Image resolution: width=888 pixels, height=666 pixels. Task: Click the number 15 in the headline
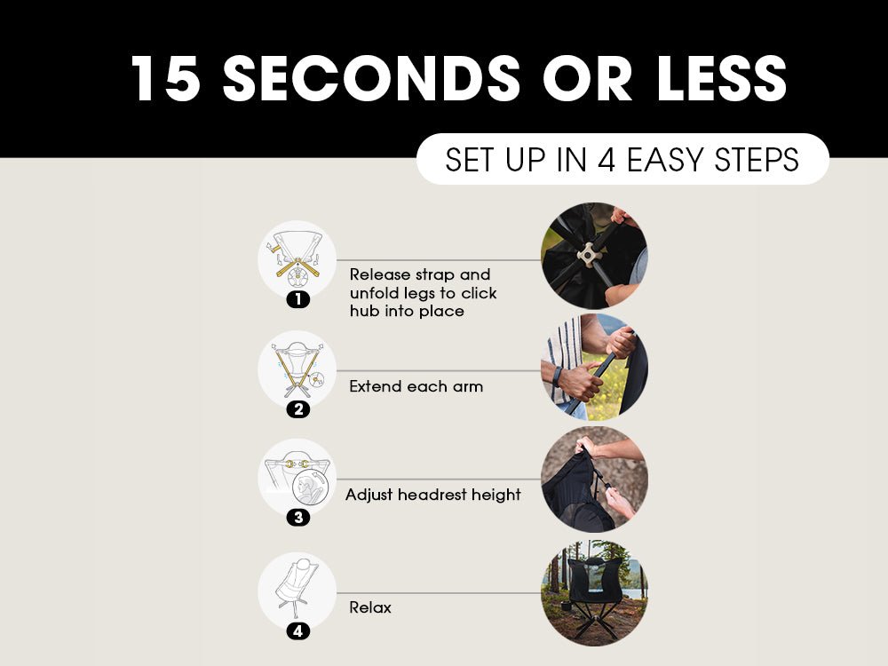pos(166,78)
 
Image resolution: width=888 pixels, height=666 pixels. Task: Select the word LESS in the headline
pos(721,78)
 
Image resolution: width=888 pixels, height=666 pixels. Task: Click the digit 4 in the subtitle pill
pos(606,159)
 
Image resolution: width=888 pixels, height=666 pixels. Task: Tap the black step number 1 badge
pos(297,299)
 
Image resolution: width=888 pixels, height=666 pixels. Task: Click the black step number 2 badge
pos(297,408)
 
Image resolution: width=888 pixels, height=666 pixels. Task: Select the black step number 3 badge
pos(297,517)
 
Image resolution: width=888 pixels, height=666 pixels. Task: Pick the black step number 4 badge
pos(297,630)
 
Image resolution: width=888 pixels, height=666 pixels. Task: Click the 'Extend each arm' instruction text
pos(416,386)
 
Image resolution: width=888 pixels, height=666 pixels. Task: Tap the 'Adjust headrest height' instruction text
pos(433,495)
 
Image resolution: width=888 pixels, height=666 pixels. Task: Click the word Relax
pos(370,607)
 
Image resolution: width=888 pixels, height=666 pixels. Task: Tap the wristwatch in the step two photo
pos(559,376)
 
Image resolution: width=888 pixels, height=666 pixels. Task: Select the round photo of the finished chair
pos(594,593)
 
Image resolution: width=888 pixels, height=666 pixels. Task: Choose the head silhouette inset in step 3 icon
pos(310,488)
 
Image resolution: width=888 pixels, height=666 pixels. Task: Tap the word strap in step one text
pos(435,275)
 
